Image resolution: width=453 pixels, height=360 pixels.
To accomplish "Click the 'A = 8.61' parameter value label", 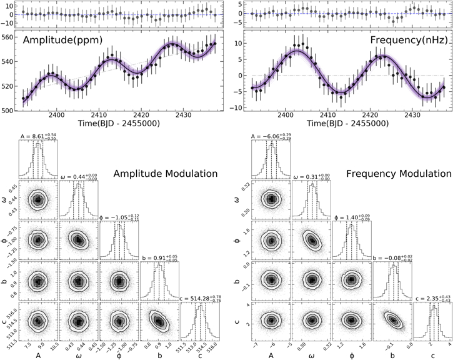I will [37, 136].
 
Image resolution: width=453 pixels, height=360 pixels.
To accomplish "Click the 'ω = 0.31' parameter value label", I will [311, 177].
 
